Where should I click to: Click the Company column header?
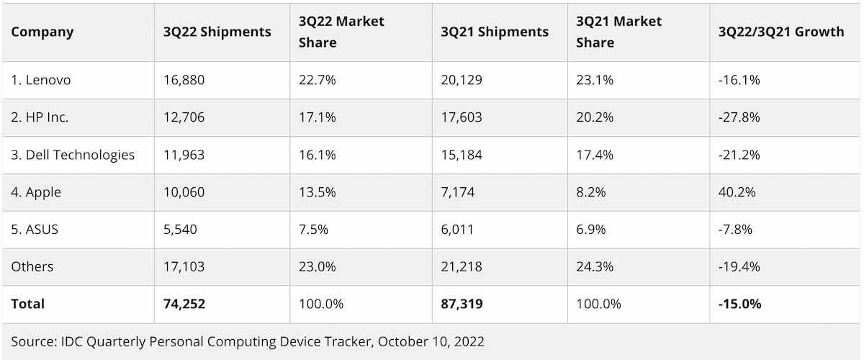point(42,32)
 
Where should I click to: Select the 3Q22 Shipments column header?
point(217,32)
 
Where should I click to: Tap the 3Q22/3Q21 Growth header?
point(781,32)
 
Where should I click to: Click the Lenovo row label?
point(41,80)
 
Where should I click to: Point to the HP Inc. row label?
point(40,117)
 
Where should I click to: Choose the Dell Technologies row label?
point(73,155)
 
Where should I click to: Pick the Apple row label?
point(36,192)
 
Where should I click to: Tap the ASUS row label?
point(35,230)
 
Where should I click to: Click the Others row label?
point(32,267)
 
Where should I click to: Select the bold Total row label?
point(28,305)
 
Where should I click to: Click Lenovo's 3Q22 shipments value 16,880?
point(184,80)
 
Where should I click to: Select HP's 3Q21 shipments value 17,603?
point(462,117)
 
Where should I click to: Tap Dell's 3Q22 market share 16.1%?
point(318,155)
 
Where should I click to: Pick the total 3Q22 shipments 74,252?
point(184,305)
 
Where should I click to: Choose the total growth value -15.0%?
point(739,305)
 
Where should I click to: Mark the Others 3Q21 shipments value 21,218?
point(462,267)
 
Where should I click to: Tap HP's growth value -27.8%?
point(739,117)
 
